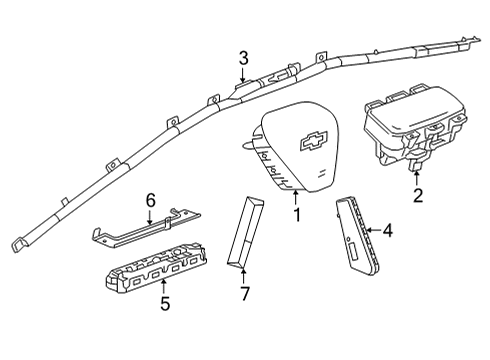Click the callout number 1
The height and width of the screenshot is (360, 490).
pos(296,215)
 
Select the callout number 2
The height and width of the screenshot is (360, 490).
pos(418,195)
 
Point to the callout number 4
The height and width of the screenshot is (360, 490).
pos(388,232)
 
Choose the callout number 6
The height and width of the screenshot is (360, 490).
pos(150,200)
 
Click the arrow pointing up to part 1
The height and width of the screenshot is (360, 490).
pos(296,197)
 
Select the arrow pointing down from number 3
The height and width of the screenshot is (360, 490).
pos(241,77)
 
